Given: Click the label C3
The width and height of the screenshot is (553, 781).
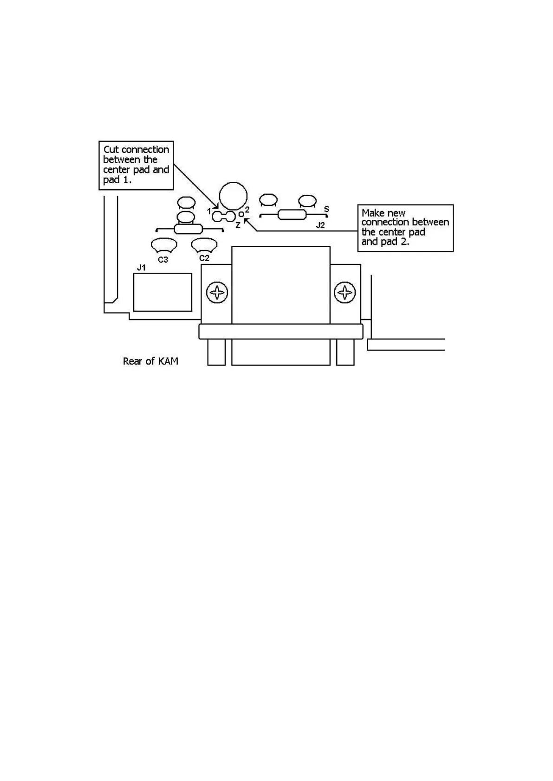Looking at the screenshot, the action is click(163, 260).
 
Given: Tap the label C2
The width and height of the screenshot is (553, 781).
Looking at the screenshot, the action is click(204, 258).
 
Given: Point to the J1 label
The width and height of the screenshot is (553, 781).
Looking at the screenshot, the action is click(142, 268).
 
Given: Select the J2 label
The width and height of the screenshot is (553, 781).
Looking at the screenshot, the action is click(320, 226).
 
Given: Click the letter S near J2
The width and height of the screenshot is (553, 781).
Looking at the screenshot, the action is click(326, 209).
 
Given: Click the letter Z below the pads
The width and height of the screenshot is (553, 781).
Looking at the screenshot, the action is click(238, 226).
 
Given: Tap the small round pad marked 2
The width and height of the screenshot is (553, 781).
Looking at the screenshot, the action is click(241, 214).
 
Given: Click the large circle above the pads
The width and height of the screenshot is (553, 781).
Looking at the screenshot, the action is click(233, 196).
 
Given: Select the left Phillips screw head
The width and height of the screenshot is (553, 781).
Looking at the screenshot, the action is click(217, 293).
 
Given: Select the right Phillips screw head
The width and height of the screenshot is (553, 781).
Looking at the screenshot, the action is click(345, 293).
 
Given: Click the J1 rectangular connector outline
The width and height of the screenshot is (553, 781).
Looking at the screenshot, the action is click(163, 292).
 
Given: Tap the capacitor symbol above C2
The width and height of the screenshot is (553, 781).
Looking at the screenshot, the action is click(204, 243).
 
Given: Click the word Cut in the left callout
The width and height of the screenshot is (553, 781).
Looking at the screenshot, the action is click(111, 150).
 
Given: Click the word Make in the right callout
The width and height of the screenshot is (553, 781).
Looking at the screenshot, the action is click(372, 213).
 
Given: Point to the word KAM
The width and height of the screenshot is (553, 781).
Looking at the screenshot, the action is click(168, 361).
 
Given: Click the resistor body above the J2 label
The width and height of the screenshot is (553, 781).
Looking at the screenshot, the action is click(292, 215).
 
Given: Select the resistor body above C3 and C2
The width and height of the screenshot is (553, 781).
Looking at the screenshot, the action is click(188, 229).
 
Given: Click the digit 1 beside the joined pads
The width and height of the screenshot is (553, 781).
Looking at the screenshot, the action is click(209, 211).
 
